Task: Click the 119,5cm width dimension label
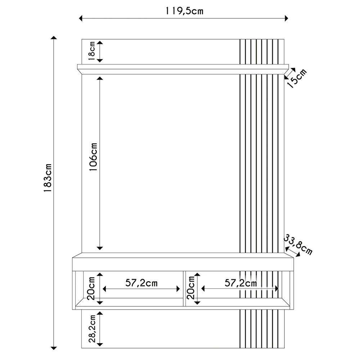(x=184, y=11)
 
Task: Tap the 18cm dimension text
(x=92, y=51)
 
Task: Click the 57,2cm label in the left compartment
(x=141, y=283)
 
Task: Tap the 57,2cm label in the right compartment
(x=240, y=283)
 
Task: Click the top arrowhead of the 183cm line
(x=54, y=38)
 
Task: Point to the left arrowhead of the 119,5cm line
(x=81, y=18)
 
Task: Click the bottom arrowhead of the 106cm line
(x=100, y=248)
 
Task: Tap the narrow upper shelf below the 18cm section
(x=184, y=67)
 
